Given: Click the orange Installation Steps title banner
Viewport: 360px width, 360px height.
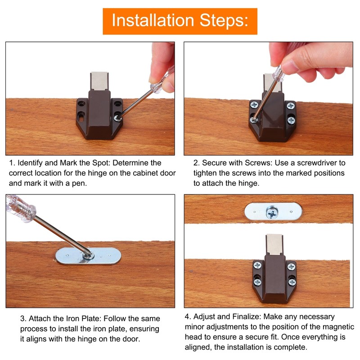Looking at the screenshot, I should point(180,21).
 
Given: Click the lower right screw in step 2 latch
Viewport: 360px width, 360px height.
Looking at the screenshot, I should point(291,121).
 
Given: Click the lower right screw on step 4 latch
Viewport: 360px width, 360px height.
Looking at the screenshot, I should point(292,282).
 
